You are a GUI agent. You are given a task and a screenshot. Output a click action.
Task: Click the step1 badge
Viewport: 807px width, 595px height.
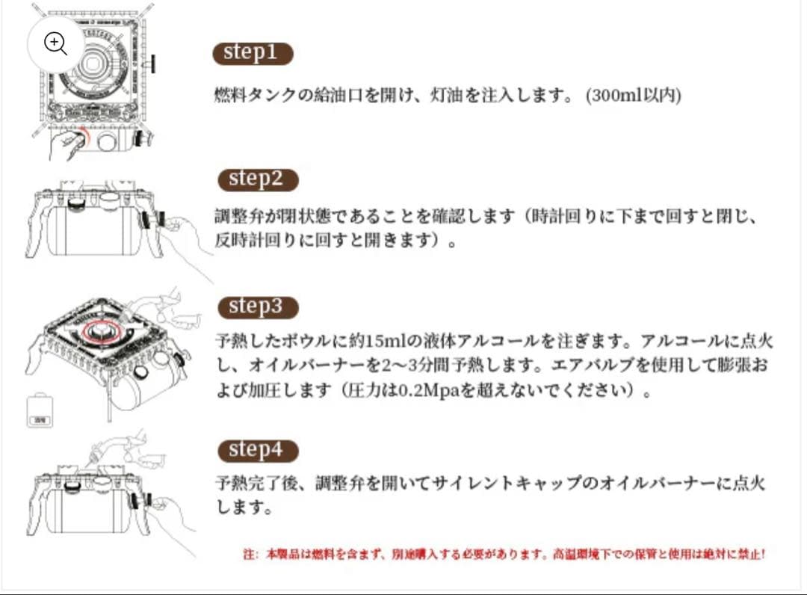click(253, 53)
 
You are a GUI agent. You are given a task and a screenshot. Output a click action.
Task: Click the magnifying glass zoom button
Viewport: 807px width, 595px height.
click(56, 43)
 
